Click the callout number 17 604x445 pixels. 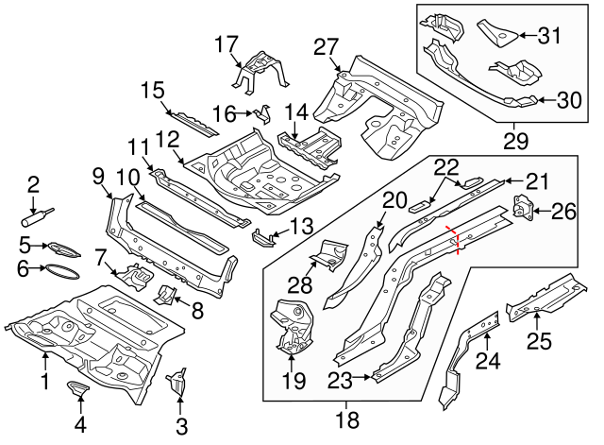click(x=228, y=44)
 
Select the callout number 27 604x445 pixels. click(x=326, y=47)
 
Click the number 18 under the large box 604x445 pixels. click(x=348, y=418)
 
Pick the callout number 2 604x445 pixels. click(x=33, y=183)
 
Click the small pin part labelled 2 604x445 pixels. click(x=36, y=215)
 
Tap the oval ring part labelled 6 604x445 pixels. click(x=62, y=270)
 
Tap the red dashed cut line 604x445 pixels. click(x=458, y=242)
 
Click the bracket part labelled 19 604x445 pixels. click(x=292, y=326)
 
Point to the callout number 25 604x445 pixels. click(x=539, y=340)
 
